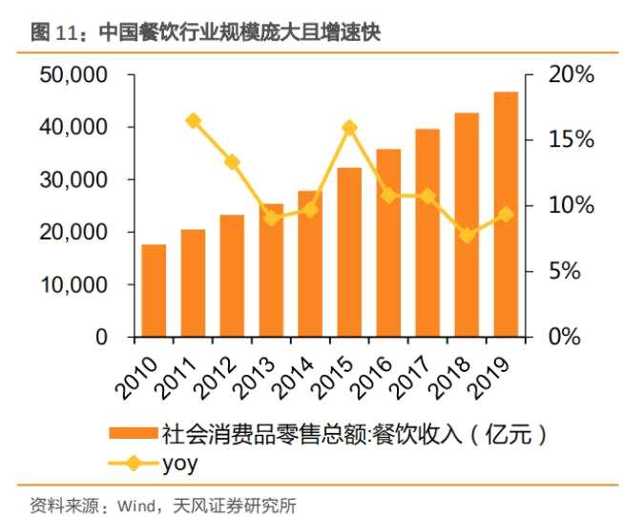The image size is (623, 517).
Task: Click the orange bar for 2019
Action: [x=505, y=215]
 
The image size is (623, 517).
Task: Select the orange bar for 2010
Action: [x=154, y=291]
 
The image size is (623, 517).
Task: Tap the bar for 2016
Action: [x=388, y=243]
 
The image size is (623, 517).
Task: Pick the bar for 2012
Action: [x=232, y=276]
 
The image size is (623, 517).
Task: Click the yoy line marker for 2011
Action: [x=193, y=121]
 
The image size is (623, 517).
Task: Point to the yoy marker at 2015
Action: [x=349, y=127]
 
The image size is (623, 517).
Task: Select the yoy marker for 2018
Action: [x=467, y=235]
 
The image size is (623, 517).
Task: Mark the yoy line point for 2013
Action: [x=271, y=217]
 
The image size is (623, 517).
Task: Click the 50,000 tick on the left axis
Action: [x=73, y=74]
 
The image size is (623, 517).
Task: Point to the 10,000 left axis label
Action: [x=73, y=285]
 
